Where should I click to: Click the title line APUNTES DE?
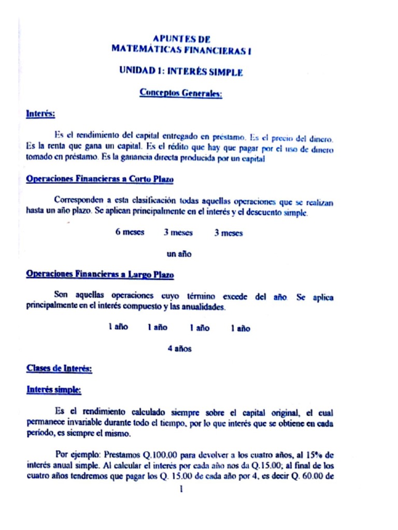coord(181,39)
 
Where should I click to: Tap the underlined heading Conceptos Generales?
coord(181,93)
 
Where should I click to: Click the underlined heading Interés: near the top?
coord(40,113)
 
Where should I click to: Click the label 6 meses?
coord(130,232)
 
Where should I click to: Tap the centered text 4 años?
coord(179,349)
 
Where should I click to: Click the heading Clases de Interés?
coord(59,369)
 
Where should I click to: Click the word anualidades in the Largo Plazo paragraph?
coord(206,307)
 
